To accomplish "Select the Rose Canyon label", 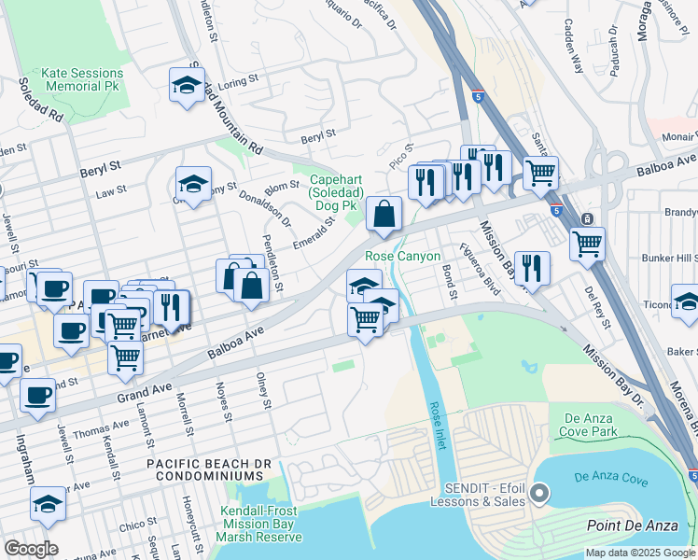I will coord(402,256).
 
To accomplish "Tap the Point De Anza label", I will coord(632,526).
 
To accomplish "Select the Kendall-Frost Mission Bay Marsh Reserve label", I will coord(261,524).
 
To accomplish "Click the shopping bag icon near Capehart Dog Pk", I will coord(384,215).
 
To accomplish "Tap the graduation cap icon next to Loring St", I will coord(187,85).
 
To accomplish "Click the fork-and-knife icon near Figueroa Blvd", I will coord(532,267).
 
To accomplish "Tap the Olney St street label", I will coord(265,390).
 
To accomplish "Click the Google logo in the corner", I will coord(31,549).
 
